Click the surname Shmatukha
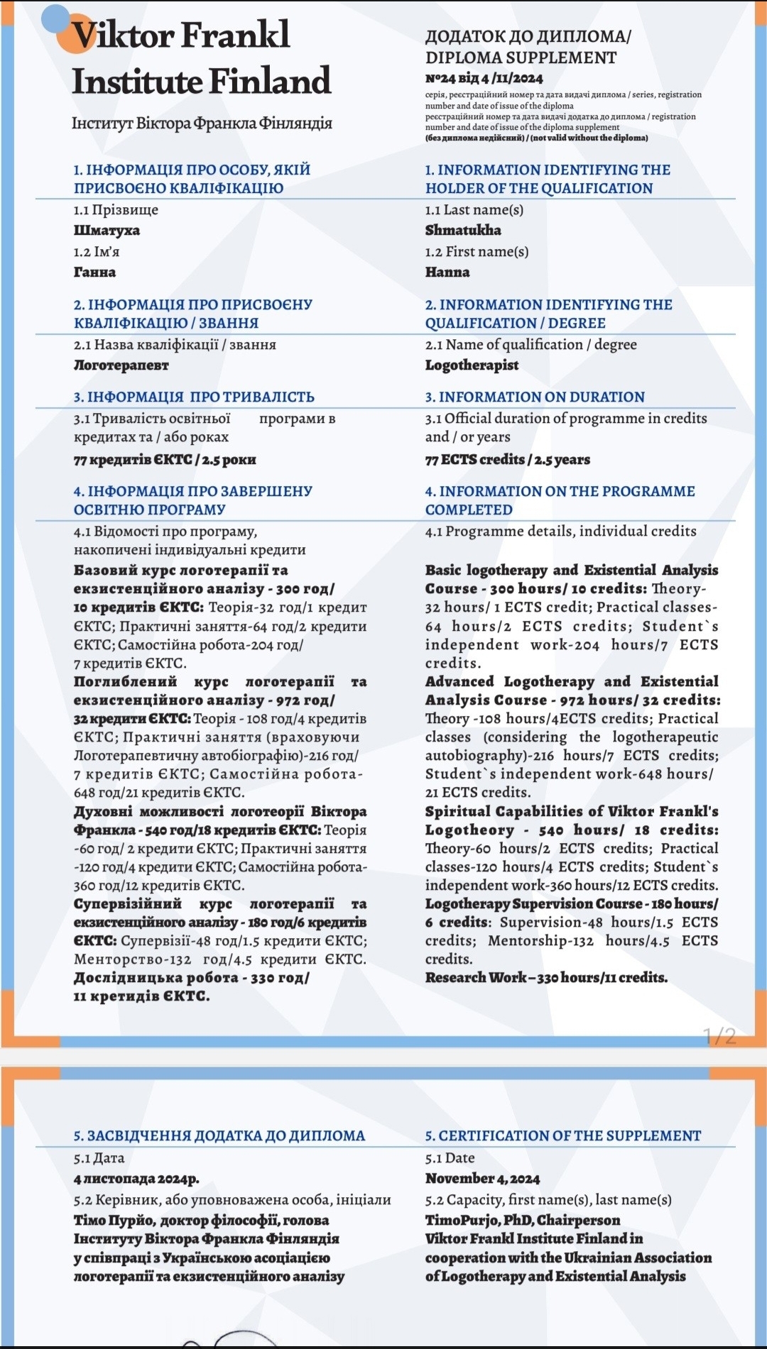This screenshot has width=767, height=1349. coord(463,230)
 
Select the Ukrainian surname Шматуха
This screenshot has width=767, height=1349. coord(107,230)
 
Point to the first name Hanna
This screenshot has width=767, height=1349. coord(447,272)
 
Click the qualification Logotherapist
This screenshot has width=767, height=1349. coord(472,365)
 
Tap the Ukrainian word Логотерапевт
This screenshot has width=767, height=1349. coord(121,365)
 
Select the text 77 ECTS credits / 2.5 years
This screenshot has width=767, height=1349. coord(507,459)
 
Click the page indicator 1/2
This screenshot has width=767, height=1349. coord(719,1037)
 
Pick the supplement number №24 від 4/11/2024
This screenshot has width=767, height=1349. coord(484,78)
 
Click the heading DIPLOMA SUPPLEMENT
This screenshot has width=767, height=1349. coord(521,57)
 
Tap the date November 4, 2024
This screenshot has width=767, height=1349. coord(482,1179)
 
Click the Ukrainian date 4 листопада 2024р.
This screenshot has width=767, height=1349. coord(136,1179)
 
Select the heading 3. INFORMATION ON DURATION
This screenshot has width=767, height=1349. coord(535,397)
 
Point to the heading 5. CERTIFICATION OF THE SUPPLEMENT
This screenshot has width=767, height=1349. coord(562,1135)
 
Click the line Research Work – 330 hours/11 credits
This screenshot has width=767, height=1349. coord(546,977)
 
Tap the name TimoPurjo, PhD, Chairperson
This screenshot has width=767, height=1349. coord(522,1220)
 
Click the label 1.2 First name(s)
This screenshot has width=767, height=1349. coord(477,251)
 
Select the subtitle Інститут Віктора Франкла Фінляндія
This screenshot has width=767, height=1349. coord(202,123)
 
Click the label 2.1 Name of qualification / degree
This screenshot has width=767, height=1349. coord(531,344)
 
